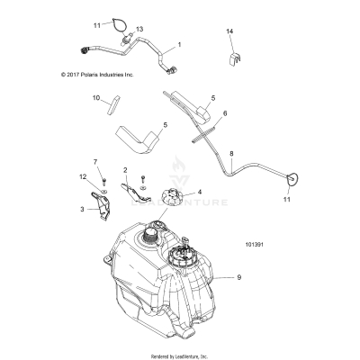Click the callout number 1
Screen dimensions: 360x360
pos(178,44)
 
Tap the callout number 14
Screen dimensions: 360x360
pos(229,31)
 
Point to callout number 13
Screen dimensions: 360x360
pos(139,29)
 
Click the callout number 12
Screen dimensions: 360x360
pos(82,177)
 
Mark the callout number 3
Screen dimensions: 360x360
pos(82,209)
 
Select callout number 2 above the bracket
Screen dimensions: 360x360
pos(125,170)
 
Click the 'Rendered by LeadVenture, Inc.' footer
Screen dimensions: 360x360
pos(180,355)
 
